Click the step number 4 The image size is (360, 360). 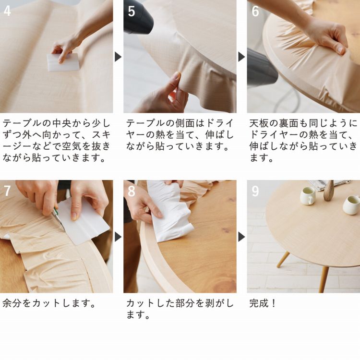pyautogui.click(x=7, y=11)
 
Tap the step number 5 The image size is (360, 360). pyautogui.click(x=131, y=11)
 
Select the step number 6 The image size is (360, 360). pyautogui.click(x=255, y=11)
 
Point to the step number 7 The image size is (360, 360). pyautogui.click(x=7, y=191)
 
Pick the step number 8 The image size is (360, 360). pyautogui.click(x=131, y=191)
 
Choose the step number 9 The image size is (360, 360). pyautogui.click(x=255, y=191)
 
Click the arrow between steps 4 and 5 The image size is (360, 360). pyautogui.click(x=118, y=57)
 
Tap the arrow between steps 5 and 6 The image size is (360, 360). pyautogui.click(x=241, y=57)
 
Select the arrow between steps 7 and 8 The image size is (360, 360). pyautogui.click(x=118, y=237)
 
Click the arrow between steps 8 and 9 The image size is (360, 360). pyautogui.click(x=241, y=237)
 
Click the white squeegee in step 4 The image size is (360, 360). pyautogui.click(x=62, y=62)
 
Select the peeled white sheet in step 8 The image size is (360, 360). pyautogui.click(x=168, y=211)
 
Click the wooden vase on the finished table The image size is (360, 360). pyautogui.click(x=329, y=191)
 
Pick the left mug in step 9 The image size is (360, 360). pyautogui.click(x=307, y=195)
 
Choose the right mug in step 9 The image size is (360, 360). pyautogui.click(x=351, y=204)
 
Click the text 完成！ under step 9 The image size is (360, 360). pyautogui.click(x=263, y=303)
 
